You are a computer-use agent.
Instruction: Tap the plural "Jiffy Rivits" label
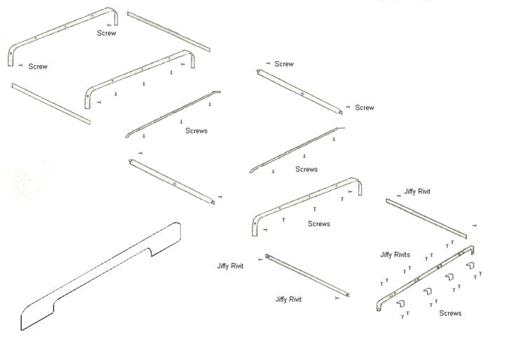pyautogui.click(x=396, y=255)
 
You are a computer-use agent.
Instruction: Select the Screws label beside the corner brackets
pyautogui.click(x=450, y=313)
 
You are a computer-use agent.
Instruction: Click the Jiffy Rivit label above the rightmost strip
pyautogui.click(x=417, y=192)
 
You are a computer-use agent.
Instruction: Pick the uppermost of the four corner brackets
pyautogui.click(x=470, y=265)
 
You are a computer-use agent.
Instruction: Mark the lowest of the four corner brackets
pyautogui.click(x=402, y=304)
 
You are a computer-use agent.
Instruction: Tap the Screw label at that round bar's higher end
pyautogui.click(x=284, y=64)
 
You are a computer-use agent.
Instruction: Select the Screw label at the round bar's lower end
pyautogui.click(x=365, y=107)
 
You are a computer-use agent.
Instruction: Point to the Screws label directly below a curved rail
pyautogui.click(x=319, y=224)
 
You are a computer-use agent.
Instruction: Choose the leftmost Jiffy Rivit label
pyautogui.click(x=230, y=266)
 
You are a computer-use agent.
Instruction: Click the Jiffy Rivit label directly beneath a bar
pyautogui.click(x=288, y=299)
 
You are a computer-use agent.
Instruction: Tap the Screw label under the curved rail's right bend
pyautogui.click(x=107, y=33)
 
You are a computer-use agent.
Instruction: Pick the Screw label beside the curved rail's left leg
pyautogui.click(x=38, y=67)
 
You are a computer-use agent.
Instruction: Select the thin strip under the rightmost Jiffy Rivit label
pyautogui.click(x=426, y=218)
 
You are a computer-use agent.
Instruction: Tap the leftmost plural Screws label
pyautogui.click(x=196, y=131)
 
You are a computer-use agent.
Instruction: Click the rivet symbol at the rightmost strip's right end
pyautogui.click(x=475, y=226)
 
